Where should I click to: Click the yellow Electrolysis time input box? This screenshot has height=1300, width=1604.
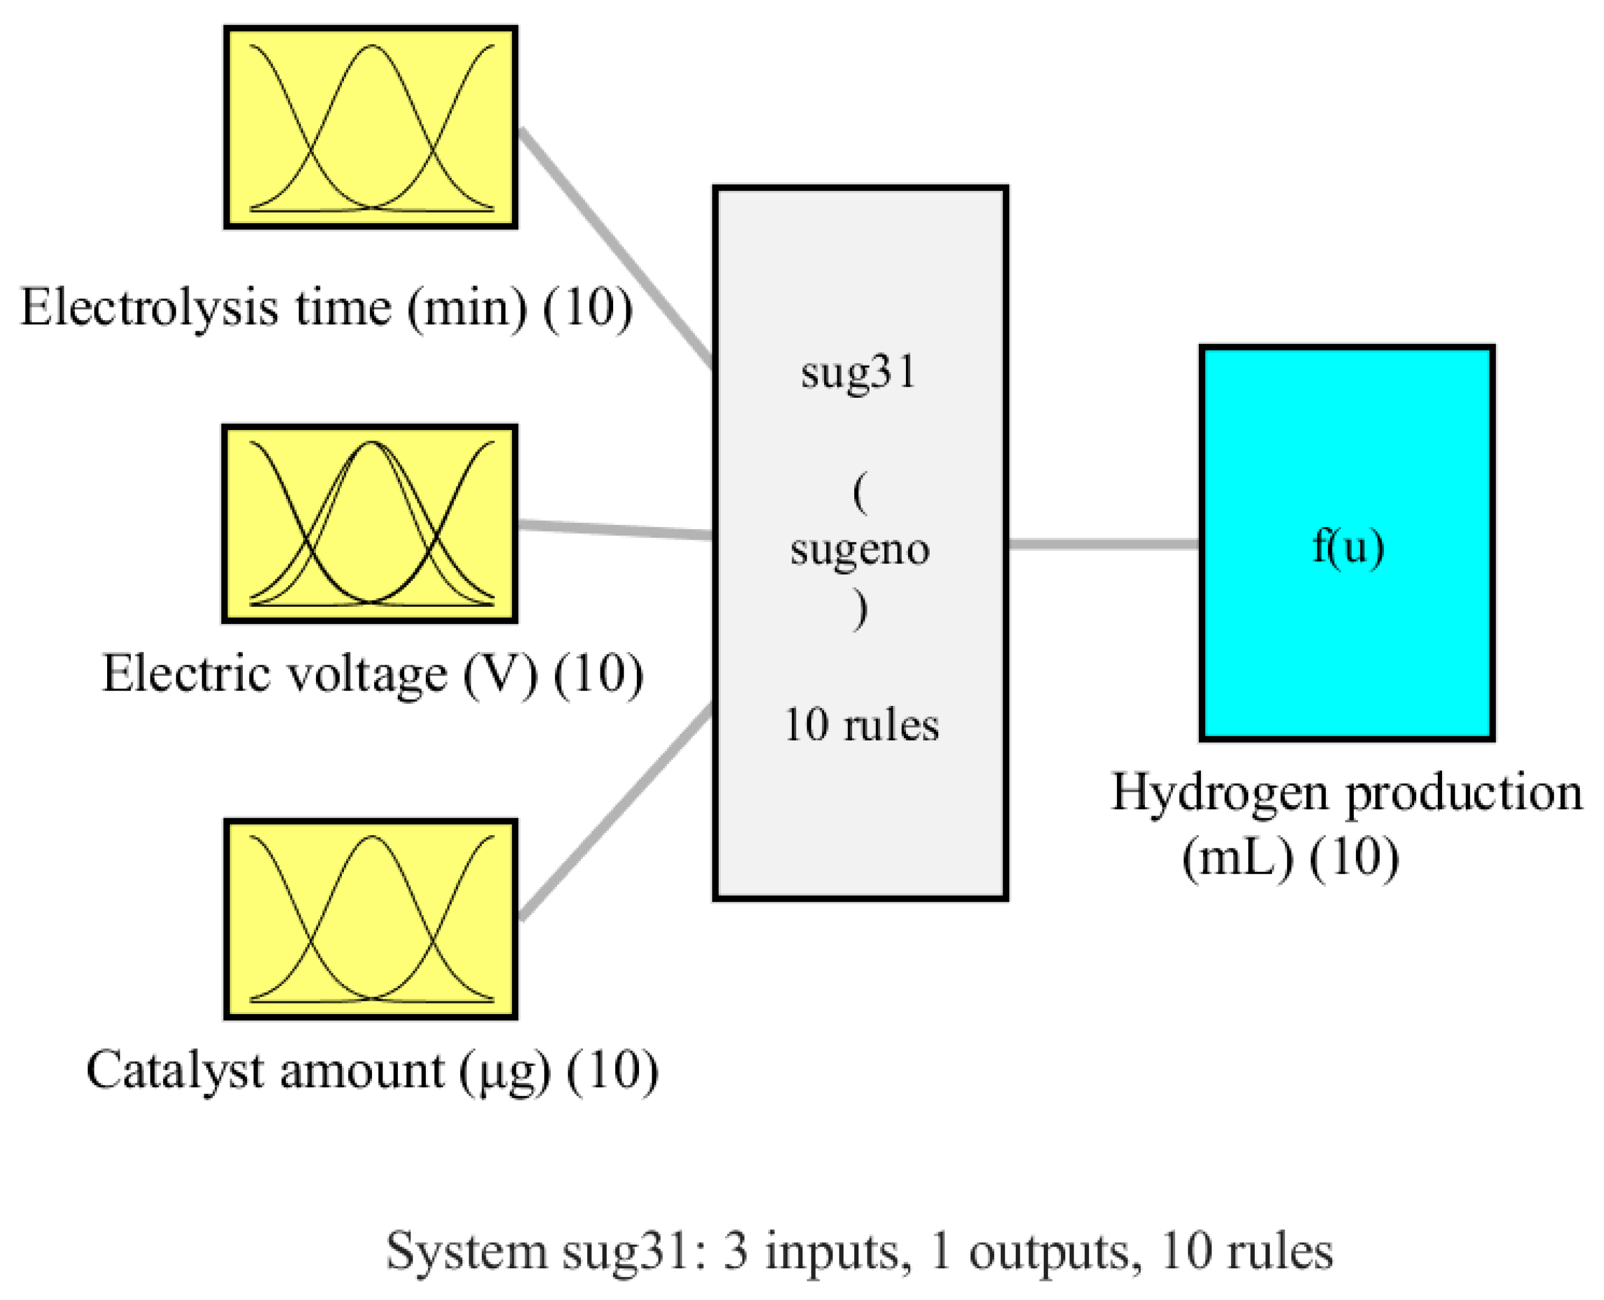tap(371, 127)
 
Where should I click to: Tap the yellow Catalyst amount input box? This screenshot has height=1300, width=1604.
tap(371, 919)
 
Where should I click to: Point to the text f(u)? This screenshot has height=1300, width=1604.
tap(1348, 546)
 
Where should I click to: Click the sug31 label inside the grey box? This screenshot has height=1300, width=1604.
tap(859, 372)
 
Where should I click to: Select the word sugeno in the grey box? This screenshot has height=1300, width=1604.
tap(860, 549)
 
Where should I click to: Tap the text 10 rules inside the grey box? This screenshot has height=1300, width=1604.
tap(861, 725)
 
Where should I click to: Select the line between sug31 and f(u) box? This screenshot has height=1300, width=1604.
tap(1104, 544)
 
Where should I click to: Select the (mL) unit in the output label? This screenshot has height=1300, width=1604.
tap(1238, 857)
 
